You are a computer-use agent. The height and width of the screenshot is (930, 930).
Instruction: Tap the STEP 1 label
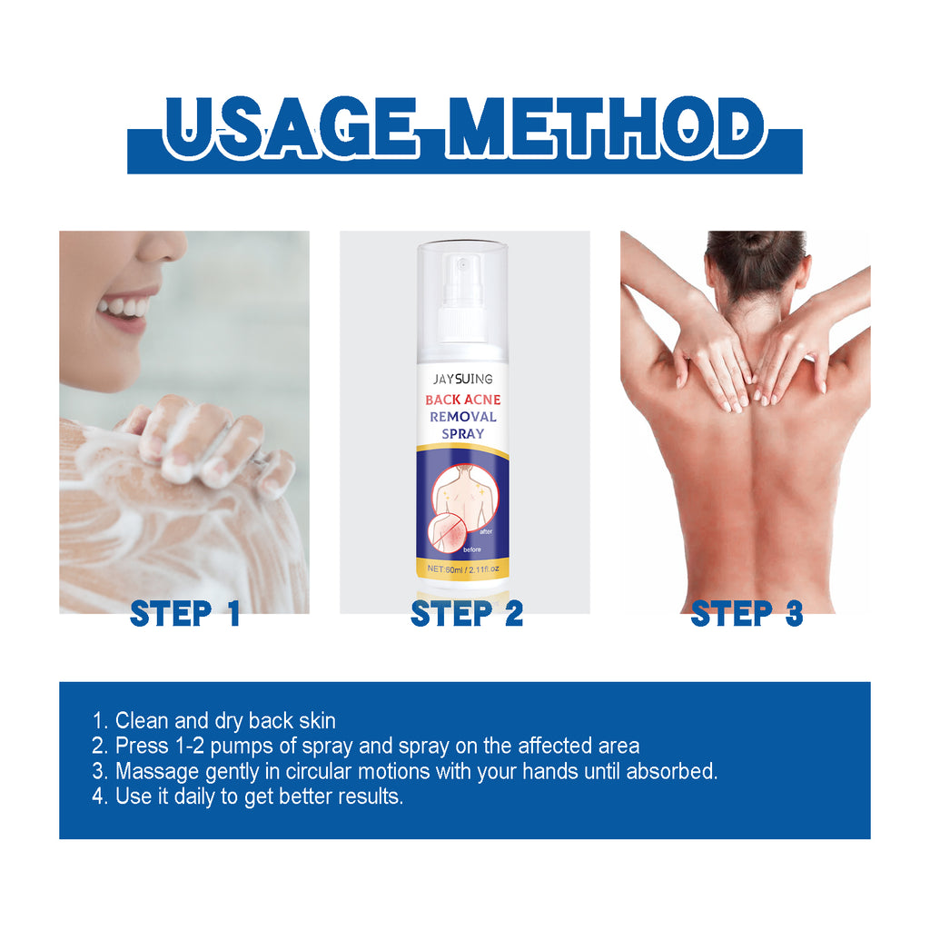[185, 613]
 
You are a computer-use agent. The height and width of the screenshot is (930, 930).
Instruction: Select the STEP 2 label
[467, 613]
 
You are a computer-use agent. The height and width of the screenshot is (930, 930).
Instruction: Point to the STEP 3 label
[747, 613]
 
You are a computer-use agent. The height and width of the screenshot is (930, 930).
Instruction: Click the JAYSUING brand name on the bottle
[462, 379]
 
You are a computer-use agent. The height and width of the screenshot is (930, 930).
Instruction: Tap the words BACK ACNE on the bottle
[462, 400]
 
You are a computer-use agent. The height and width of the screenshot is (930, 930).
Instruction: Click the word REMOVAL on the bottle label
[462, 416]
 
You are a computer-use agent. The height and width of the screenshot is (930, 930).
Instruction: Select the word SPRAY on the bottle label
[462, 433]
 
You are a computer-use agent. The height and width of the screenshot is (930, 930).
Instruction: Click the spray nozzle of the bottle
[461, 283]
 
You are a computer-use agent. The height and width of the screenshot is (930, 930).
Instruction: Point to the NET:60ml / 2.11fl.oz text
[462, 569]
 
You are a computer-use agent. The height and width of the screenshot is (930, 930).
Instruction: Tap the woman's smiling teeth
[125, 306]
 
